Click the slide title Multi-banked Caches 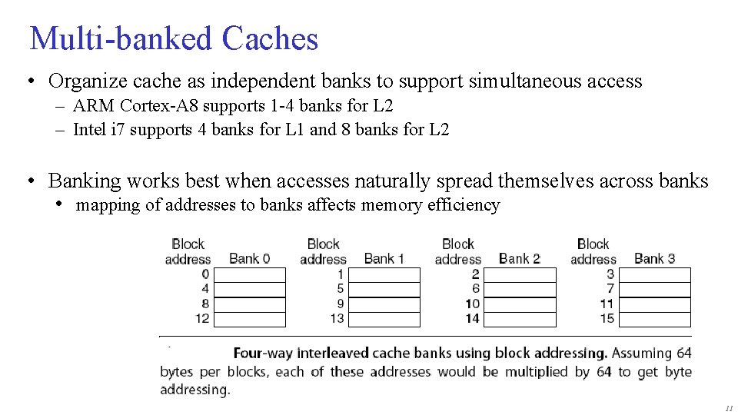(173, 38)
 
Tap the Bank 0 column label (249, 258)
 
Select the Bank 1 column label (384, 258)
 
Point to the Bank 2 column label (519, 258)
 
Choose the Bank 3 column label (654, 258)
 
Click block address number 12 (201, 318)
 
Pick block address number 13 (337, 318)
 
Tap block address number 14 (472, 318)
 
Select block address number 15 (607, 318)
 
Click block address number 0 (205, 274)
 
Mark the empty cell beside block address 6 (520, 290)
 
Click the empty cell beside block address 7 (655, 290)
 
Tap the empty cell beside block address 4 (250, 290)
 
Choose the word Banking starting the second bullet (85, 181)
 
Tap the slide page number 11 (728, 407)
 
